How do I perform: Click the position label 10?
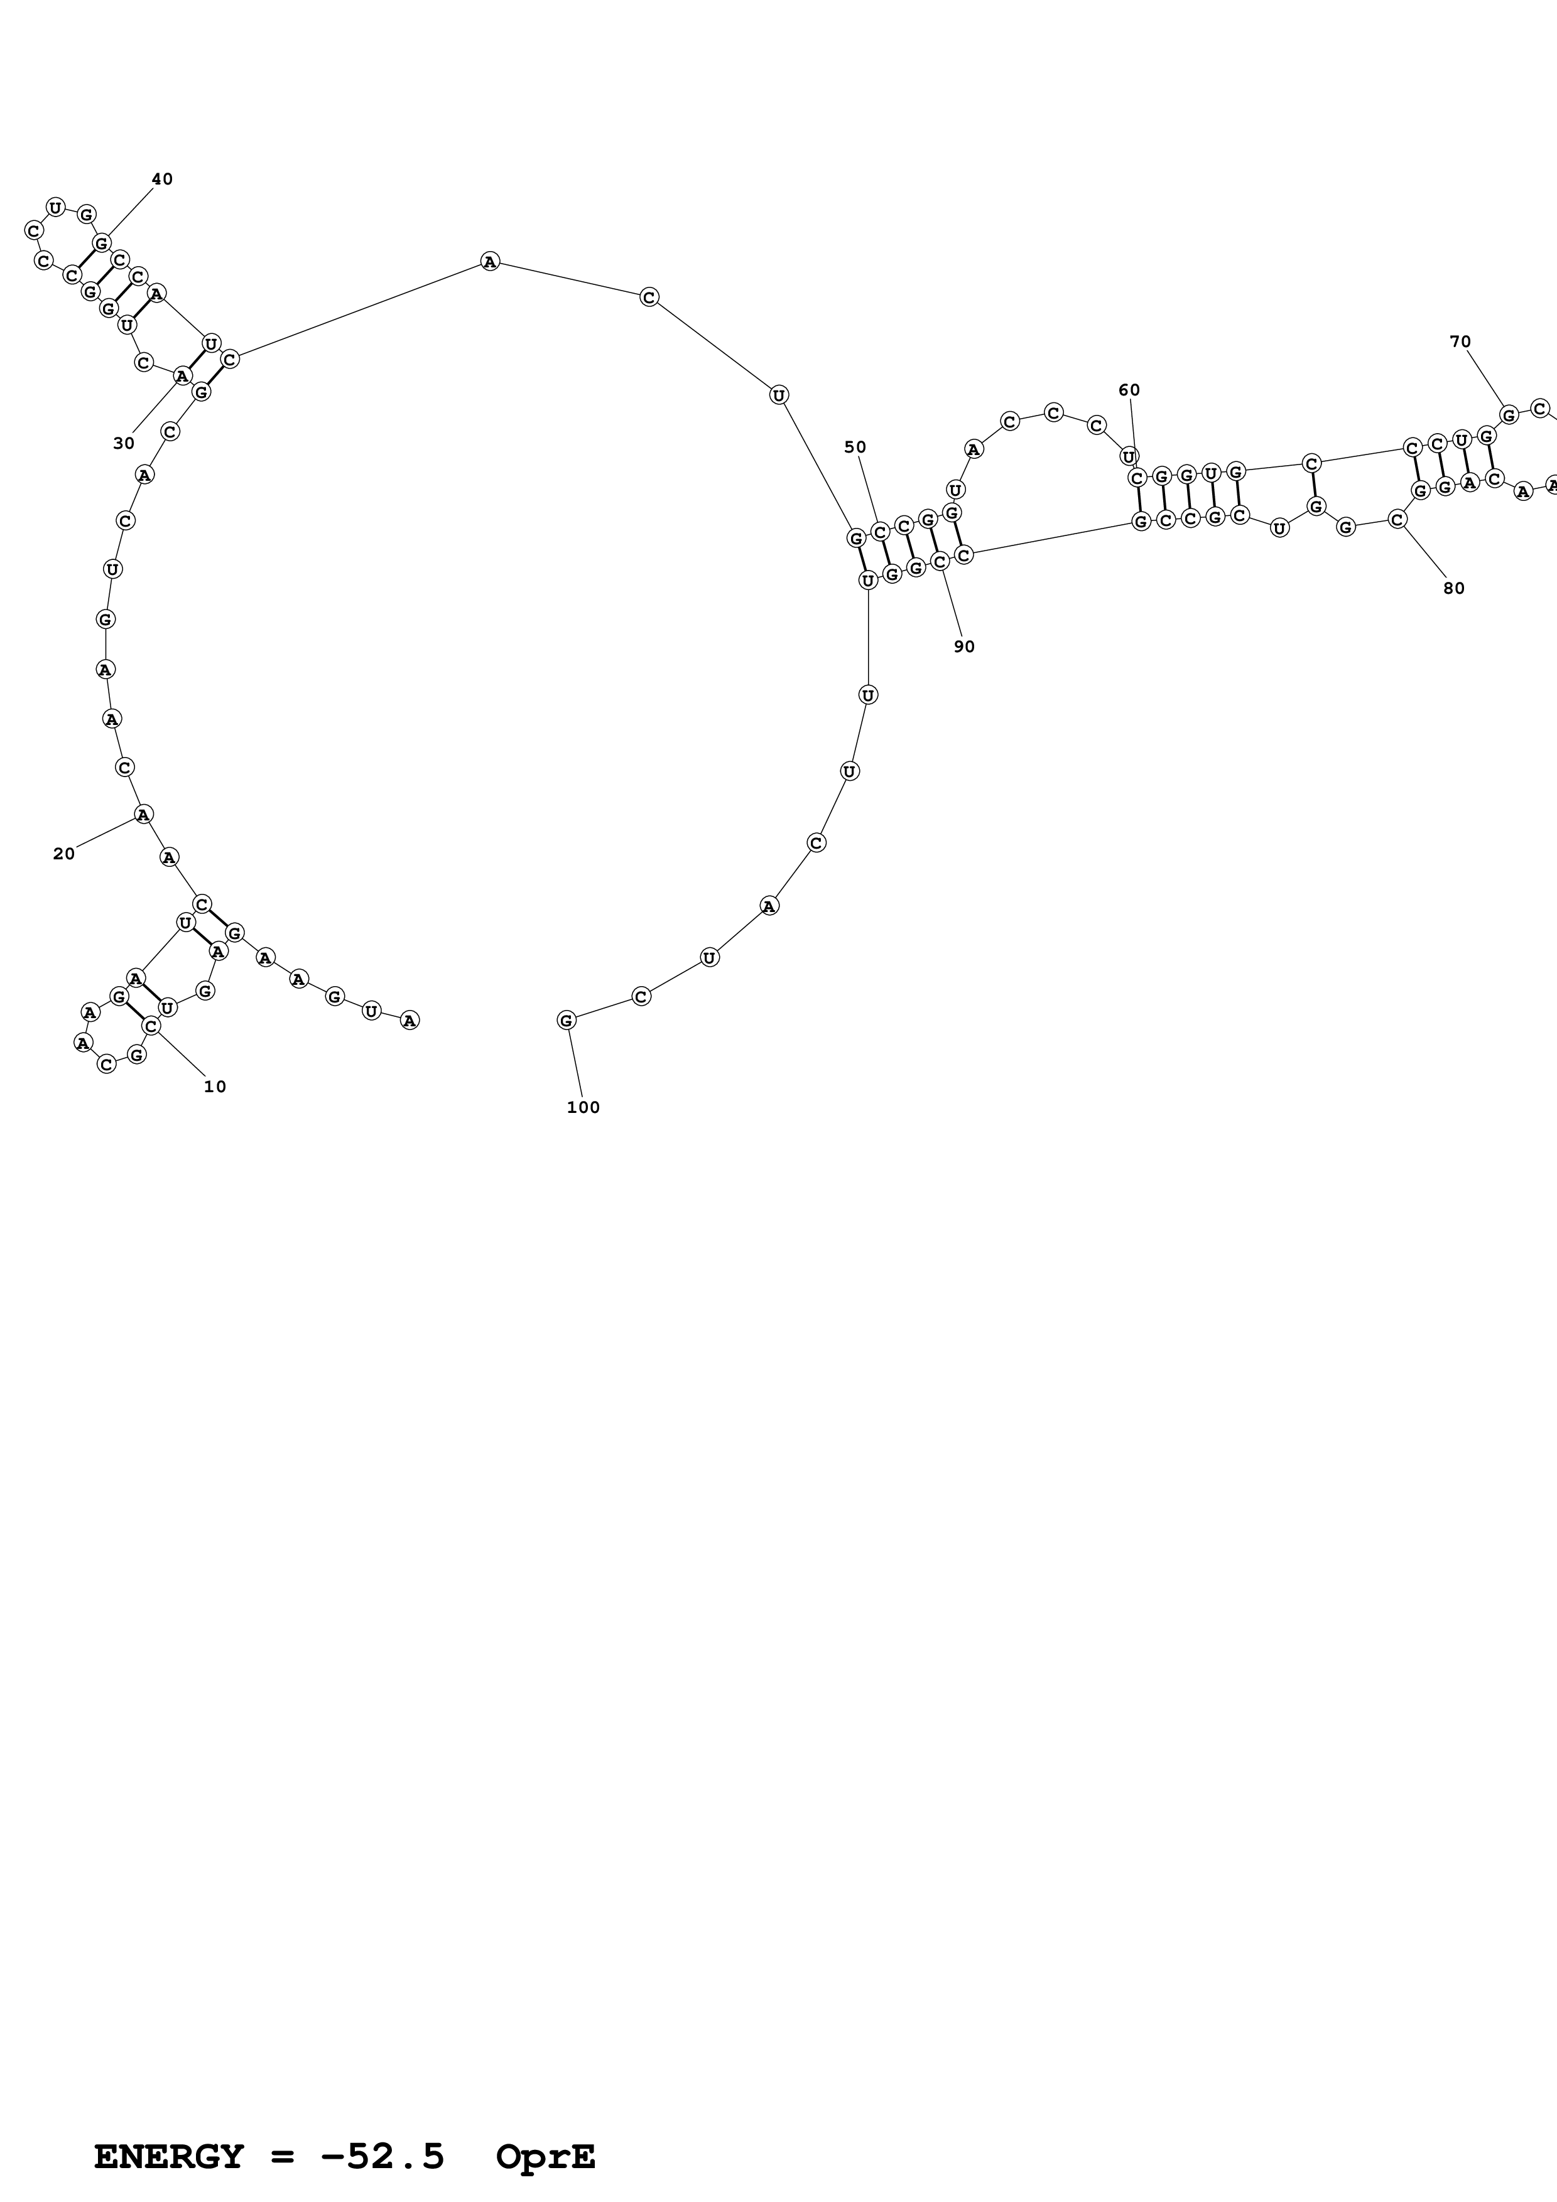215,1087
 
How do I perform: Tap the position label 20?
63,854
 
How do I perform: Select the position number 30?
124,443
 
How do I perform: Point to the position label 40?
162,180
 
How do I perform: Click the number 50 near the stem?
855,447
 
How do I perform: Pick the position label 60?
1129,390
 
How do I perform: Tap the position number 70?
1460,341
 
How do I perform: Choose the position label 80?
1453,588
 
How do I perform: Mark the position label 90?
964,647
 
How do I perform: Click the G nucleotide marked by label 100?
566,1021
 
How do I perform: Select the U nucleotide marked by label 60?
1129,456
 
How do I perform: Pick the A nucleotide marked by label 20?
143,814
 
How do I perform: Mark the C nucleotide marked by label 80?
1397,519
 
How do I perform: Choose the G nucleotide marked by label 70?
1508,414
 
